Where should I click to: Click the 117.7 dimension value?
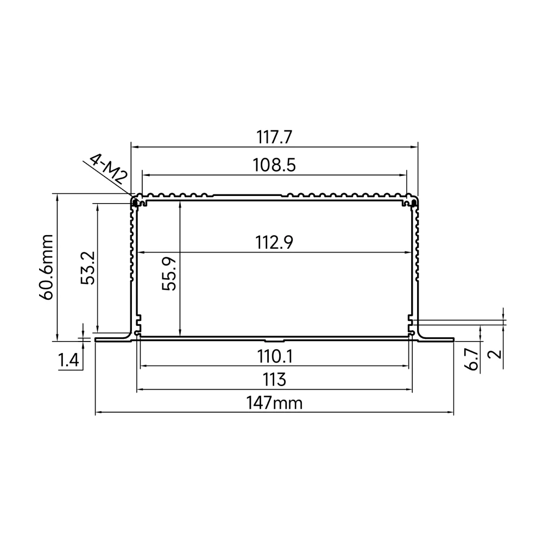tap(274, 137)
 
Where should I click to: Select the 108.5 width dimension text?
tap(274, 165)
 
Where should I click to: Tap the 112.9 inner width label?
tap(274, 242)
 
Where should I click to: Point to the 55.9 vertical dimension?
tap(169, 274)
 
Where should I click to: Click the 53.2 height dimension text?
tap(87, 268)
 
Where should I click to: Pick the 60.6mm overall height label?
tap(46, 267)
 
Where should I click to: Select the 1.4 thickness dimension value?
tap(68, 361)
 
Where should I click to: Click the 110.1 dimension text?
tap(275, 356)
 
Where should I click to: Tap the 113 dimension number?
tap(274, 380)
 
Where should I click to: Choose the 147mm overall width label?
tap(274, 403)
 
